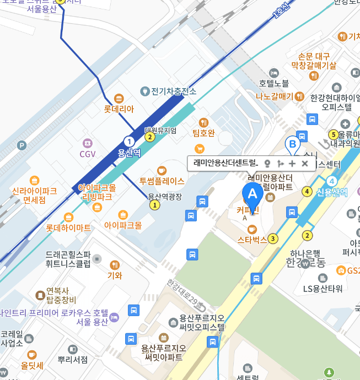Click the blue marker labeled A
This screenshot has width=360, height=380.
click(253, 194)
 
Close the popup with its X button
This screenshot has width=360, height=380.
click(304, 164)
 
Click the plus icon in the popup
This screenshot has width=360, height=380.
click(292, 164)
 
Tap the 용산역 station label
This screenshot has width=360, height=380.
click(130, 153)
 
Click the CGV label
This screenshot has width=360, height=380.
click(88, 154)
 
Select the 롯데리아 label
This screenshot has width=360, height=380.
click(119, 109)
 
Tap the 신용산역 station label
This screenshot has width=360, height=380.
click(332, 192)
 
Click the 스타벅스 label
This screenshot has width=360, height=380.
click(252, 240)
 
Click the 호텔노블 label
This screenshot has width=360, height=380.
click(274, 83)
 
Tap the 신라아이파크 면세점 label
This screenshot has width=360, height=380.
click(34, 196)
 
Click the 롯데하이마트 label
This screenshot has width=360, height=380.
click(68, 227)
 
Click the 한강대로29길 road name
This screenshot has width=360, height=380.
click(185, 295)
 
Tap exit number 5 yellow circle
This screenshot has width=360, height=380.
click(333, 134)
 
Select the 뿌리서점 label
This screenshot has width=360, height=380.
click(73, 359)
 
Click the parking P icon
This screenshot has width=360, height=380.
click(22, 145)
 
